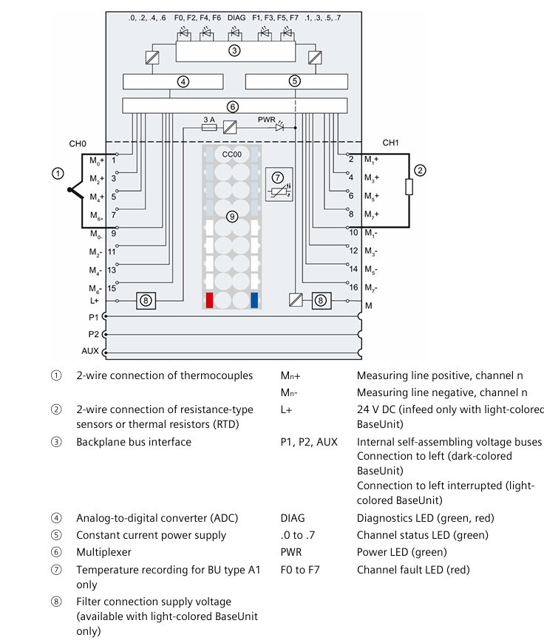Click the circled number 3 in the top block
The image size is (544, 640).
click(234, 51)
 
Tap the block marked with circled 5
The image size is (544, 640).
click(295, 82)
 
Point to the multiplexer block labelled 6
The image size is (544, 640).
click(234, 106)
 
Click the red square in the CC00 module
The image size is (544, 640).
click(210, 299)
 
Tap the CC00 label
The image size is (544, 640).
click(232, 153)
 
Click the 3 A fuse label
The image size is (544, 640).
click(208, 118)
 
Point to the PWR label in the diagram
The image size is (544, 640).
click(266, 118)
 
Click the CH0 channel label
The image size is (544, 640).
click(78, 143)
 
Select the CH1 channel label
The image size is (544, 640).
click(391, 143)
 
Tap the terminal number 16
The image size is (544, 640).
click(353, 287)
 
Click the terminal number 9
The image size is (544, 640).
click(114, 233)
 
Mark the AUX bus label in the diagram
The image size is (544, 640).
click(90, 351)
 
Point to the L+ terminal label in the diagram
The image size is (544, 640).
click(94, 301)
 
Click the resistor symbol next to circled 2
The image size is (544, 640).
click(409, 186)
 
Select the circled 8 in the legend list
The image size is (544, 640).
click(57, 602)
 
